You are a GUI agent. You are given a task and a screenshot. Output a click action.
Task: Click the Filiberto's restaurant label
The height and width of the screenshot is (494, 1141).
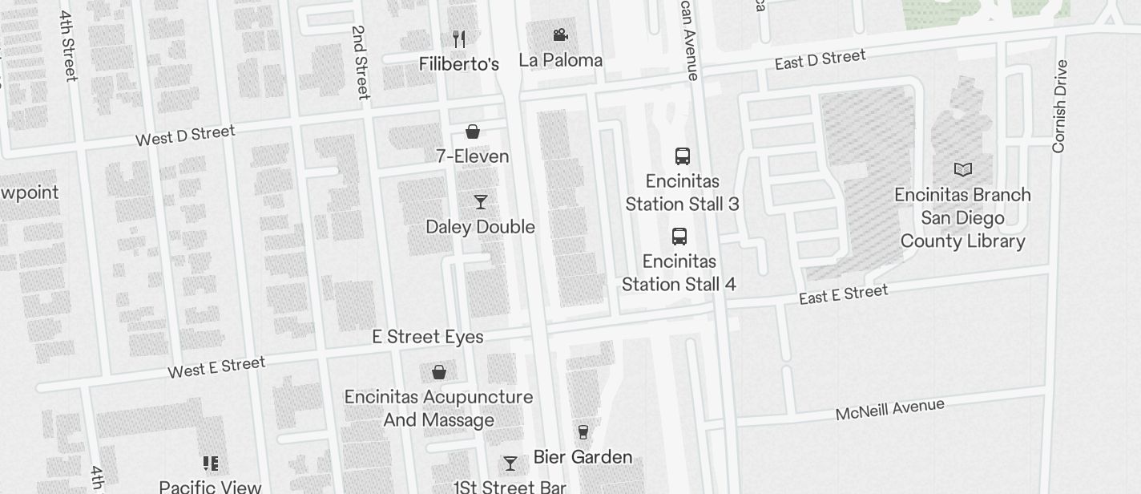(459, 64)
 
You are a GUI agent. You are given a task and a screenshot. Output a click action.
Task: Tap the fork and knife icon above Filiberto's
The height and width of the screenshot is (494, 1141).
(459, 38)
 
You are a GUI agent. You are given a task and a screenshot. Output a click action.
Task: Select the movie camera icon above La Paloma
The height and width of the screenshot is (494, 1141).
(561, 35)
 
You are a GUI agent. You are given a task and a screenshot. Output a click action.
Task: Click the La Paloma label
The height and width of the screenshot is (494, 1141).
(561, 60)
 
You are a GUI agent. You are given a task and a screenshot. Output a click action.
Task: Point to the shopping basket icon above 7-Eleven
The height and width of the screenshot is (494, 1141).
(473, 132)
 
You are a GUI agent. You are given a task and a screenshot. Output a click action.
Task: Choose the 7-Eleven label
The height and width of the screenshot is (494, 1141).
(473, 156)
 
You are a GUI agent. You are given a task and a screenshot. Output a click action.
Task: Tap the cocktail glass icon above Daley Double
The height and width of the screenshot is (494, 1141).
(481, 202)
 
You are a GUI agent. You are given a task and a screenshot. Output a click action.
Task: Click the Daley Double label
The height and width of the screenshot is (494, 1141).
(480, 227)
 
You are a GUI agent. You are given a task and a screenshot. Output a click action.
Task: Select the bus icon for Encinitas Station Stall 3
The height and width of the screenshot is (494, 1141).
(683, 156)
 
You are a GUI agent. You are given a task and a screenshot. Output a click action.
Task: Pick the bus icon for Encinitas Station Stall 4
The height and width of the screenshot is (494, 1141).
(679, 237)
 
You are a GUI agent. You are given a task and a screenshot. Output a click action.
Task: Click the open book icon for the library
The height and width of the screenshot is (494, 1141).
(963, 170)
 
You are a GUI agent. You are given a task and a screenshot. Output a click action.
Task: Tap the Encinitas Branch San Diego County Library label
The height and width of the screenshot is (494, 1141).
(963, 218)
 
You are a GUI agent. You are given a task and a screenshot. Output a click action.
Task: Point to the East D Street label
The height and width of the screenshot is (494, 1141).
(820, 59)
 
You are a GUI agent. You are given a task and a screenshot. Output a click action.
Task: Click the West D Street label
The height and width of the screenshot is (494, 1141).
(185, 136)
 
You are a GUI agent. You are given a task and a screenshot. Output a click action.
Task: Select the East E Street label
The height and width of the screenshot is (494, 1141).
(844, 294)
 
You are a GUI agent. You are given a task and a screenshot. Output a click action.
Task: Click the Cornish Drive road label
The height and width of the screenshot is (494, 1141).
(1060, 106)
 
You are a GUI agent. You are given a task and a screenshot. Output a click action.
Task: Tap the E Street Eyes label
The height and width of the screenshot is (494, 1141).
(428, 337)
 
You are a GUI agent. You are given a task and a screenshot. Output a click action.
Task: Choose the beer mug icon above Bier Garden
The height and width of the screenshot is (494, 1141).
(583, 432)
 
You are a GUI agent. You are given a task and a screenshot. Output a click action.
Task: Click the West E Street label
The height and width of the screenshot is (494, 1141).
(216, 367)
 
